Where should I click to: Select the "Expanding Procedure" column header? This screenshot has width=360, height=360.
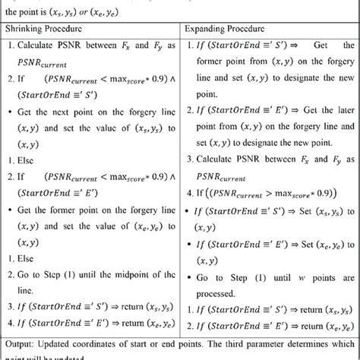(226, 28)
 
